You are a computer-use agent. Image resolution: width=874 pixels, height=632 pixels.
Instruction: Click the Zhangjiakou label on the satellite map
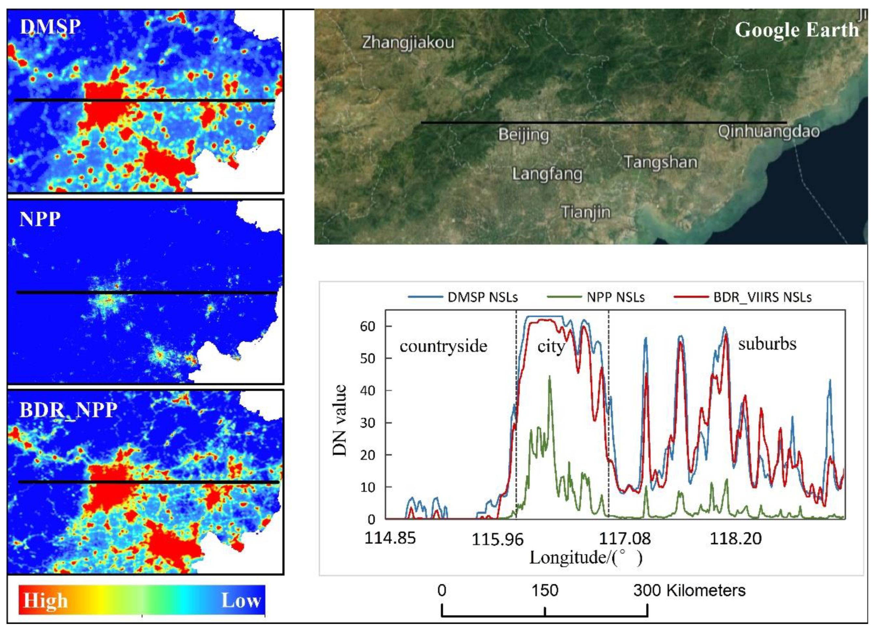(x=408, y=42)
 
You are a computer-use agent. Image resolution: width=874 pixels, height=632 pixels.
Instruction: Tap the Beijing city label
(x=523, y=134)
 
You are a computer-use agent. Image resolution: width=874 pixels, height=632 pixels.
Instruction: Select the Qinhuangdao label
(x=768, y=132)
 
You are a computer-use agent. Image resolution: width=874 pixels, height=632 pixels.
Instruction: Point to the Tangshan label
(x=660, y=162)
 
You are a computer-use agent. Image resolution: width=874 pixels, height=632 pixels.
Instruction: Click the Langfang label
(x=547, y=174)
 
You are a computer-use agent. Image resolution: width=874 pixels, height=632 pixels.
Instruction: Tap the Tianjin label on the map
(x=586, y=212)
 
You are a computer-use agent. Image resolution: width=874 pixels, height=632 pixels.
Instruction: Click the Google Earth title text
(x=796, y=30)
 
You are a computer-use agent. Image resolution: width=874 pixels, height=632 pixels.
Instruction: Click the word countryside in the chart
(x=443, y=346)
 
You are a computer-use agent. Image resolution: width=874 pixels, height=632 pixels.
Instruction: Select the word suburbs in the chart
(x=767, y=344)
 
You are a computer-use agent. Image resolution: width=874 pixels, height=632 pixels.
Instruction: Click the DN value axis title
(x=340, y=420)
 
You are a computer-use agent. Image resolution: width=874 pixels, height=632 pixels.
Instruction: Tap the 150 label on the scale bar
(x=545, y=590)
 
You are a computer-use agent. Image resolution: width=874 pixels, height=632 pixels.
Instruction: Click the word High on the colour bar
(x=46, y=601)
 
